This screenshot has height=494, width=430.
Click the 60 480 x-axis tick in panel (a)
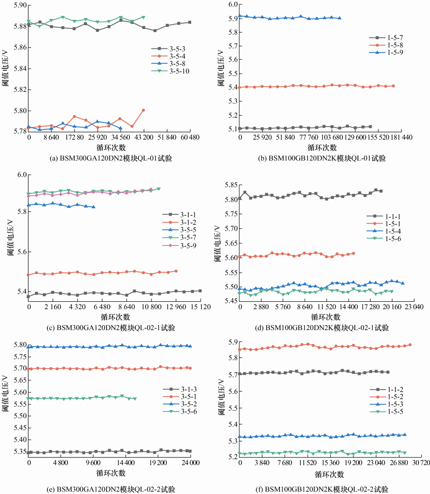point(190,136)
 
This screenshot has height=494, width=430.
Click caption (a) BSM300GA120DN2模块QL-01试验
point(105,158)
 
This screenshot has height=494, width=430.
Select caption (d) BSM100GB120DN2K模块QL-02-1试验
point(319,328)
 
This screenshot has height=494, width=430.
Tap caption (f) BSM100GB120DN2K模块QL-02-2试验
point(319,488)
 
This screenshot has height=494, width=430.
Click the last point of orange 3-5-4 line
point(143,110)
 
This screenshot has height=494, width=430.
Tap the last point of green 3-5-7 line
point(159,189)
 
